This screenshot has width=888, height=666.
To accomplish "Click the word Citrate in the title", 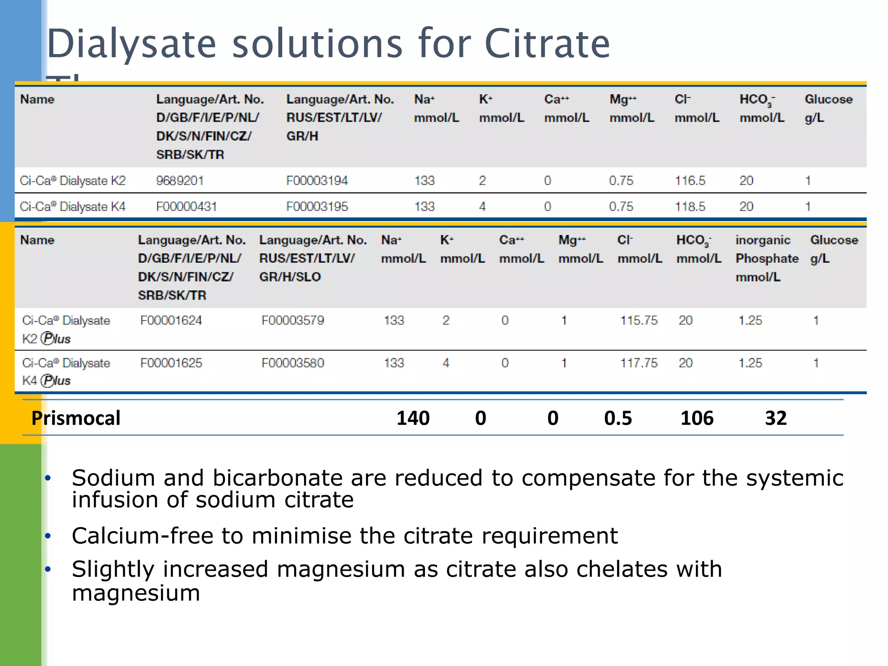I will [x=547, y=43].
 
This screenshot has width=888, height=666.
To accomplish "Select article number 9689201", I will [x=180, y=180].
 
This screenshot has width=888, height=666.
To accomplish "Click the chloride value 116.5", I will [x=689, y=180].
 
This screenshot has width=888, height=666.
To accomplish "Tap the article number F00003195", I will [x=317, y=206].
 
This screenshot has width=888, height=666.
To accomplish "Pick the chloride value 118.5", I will [x=689, y=206].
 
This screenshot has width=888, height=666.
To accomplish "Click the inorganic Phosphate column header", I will [x=766, y=258].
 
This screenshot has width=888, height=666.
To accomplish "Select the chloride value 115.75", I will [x=638, y=320].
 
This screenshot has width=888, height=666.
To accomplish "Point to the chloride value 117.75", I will [x=638, y=363].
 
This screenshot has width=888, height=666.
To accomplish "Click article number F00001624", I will [x=171, y=320].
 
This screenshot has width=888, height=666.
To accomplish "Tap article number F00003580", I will [x=293, y=363].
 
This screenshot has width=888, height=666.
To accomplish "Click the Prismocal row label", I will [x=76, y=418].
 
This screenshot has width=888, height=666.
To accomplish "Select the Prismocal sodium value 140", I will [x=413, y=418].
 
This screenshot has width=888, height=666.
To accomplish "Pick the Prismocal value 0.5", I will [x=618, y=418].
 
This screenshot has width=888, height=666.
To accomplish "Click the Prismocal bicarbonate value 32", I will [x=775, y=418].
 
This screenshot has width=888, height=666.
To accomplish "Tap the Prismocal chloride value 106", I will [x=696, y=418].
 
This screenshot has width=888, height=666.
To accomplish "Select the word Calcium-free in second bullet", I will [x=142, y=536].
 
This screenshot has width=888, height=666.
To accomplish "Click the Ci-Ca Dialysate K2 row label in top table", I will [x=72, y=180].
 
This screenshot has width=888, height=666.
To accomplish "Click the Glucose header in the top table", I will [x=828, y=99].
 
